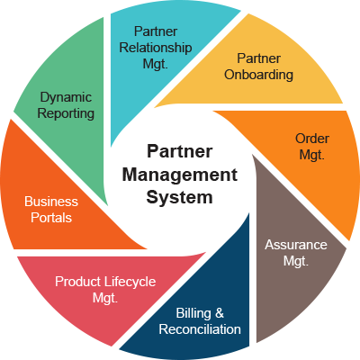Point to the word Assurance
point(295,245)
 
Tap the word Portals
point(52,217)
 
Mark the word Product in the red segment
point(76,282)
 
